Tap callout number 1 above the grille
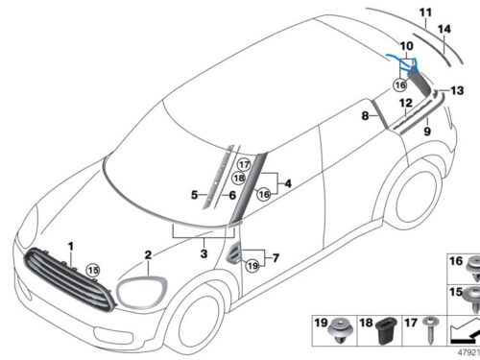click(x=71, y=247)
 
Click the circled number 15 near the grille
click(x=93, y=270)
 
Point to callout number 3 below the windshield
click(x=204, y=253)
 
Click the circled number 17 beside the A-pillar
click(x=244, y=165)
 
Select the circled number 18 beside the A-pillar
click(x=239, y=178)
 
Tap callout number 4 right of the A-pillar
click(x=288, y=183)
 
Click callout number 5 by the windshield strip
click(x=194, y=195)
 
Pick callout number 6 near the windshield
click(x=232, y=195)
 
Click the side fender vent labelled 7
click(x=233, y=252)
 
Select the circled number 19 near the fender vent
click(x=252, y=265)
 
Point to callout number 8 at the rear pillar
click(x=365, y=115)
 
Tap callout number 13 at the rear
click(x=457, y=90)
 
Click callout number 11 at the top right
click(x=425, y=12)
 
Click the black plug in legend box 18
click(x=387, y=331)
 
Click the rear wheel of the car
click(x=416, y=198)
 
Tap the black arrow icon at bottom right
click(x=465, y=331)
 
